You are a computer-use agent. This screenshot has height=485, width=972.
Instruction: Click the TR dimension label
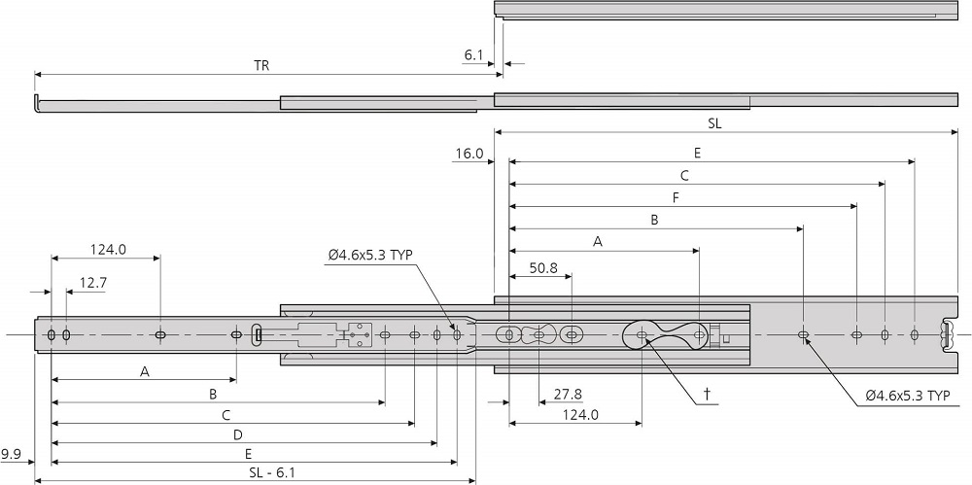261,66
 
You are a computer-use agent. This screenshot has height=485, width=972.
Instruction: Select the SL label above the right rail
714,123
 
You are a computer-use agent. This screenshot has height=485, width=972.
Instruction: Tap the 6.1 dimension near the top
473,56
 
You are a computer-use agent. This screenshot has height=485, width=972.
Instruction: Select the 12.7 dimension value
93,283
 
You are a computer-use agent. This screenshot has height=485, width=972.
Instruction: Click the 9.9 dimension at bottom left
12,454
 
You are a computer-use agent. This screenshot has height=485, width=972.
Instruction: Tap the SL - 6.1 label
264,472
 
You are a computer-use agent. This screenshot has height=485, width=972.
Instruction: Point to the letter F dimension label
675,197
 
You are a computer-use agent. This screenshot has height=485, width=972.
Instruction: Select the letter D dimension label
237,434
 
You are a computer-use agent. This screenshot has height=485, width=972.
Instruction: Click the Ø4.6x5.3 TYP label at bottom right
907,397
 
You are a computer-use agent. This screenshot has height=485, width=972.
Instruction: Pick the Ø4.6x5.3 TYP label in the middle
370,255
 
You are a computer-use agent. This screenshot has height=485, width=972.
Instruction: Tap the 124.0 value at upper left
108,249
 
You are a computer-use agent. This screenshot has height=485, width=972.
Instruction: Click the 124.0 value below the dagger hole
579,415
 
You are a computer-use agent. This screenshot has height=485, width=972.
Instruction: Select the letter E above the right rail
698,153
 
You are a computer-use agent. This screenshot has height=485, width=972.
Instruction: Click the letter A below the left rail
145,371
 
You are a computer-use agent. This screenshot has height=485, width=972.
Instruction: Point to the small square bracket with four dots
360,334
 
